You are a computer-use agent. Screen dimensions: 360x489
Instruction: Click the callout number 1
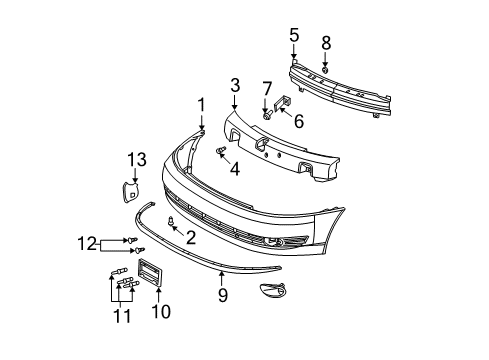tap(200, 104)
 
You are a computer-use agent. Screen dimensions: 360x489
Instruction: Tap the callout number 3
tap(235, 86)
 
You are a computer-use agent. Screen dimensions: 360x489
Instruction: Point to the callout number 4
tap(235, 168)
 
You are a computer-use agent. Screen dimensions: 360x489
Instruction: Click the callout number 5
tap(294, 36)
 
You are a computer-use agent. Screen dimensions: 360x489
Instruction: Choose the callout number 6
tap(297, 121)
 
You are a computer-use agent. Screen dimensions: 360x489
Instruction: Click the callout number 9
tap(223, 296)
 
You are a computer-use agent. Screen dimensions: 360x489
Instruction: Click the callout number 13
tap(136, 160)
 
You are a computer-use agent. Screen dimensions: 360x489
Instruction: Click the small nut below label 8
tap(324, 70)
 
